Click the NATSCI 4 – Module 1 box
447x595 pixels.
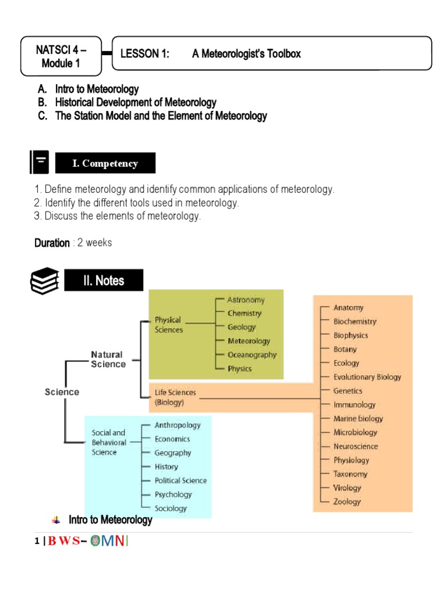(61, 56)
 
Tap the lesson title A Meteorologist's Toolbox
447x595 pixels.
(246, 54)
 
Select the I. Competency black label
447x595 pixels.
(105, 163)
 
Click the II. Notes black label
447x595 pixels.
(103, 281)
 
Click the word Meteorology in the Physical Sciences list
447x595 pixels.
(249, 341)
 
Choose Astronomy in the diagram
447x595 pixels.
(246, 300)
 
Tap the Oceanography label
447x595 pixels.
(252, 354)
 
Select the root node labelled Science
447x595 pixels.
(62, 392)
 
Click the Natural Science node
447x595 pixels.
(108, 359)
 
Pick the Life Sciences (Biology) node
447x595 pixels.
(175, 397)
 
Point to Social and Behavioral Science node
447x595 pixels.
(109, 442)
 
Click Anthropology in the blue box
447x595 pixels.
(178, 425)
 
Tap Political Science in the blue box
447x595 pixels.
(180, 481)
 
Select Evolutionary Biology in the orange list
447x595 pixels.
(367, 377)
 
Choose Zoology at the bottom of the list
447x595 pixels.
(347, 501)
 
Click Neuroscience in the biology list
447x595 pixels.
(356, 446)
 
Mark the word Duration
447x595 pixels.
(52, 243)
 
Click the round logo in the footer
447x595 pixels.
(97, 542)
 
